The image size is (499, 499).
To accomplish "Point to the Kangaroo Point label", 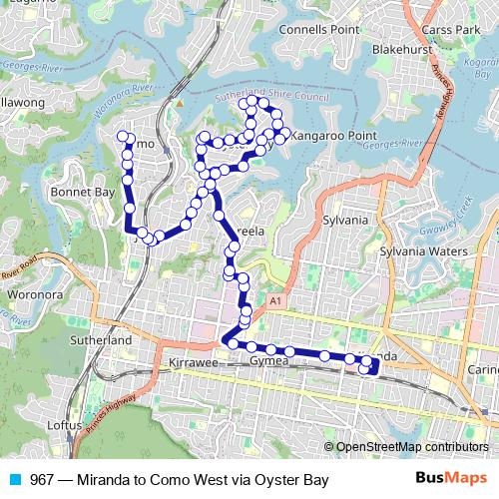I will pyautogui.click(x=330, y=133).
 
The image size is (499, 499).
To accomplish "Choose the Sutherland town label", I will pyautogui.click(x=100, y=340).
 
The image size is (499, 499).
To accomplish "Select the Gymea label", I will pyautogui.click(x=268, y=360).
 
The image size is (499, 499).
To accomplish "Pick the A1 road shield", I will pyautogui.click(x=274, y=299).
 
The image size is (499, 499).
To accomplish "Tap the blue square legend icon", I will pyautogui.click(x=18, y=480).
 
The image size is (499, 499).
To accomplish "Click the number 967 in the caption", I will pyautogui.click(x=43, y=480).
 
